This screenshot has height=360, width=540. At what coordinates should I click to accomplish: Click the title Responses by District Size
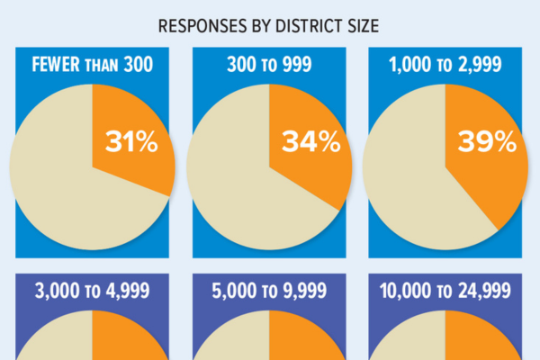click(268, 25)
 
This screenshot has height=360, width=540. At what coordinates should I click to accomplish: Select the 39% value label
click(487, 142)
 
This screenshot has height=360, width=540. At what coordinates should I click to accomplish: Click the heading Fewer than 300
click(92, 66)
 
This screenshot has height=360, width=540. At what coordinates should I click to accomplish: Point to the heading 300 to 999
click(268, 66)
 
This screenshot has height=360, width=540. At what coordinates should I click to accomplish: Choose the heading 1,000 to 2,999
click(445, 66)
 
